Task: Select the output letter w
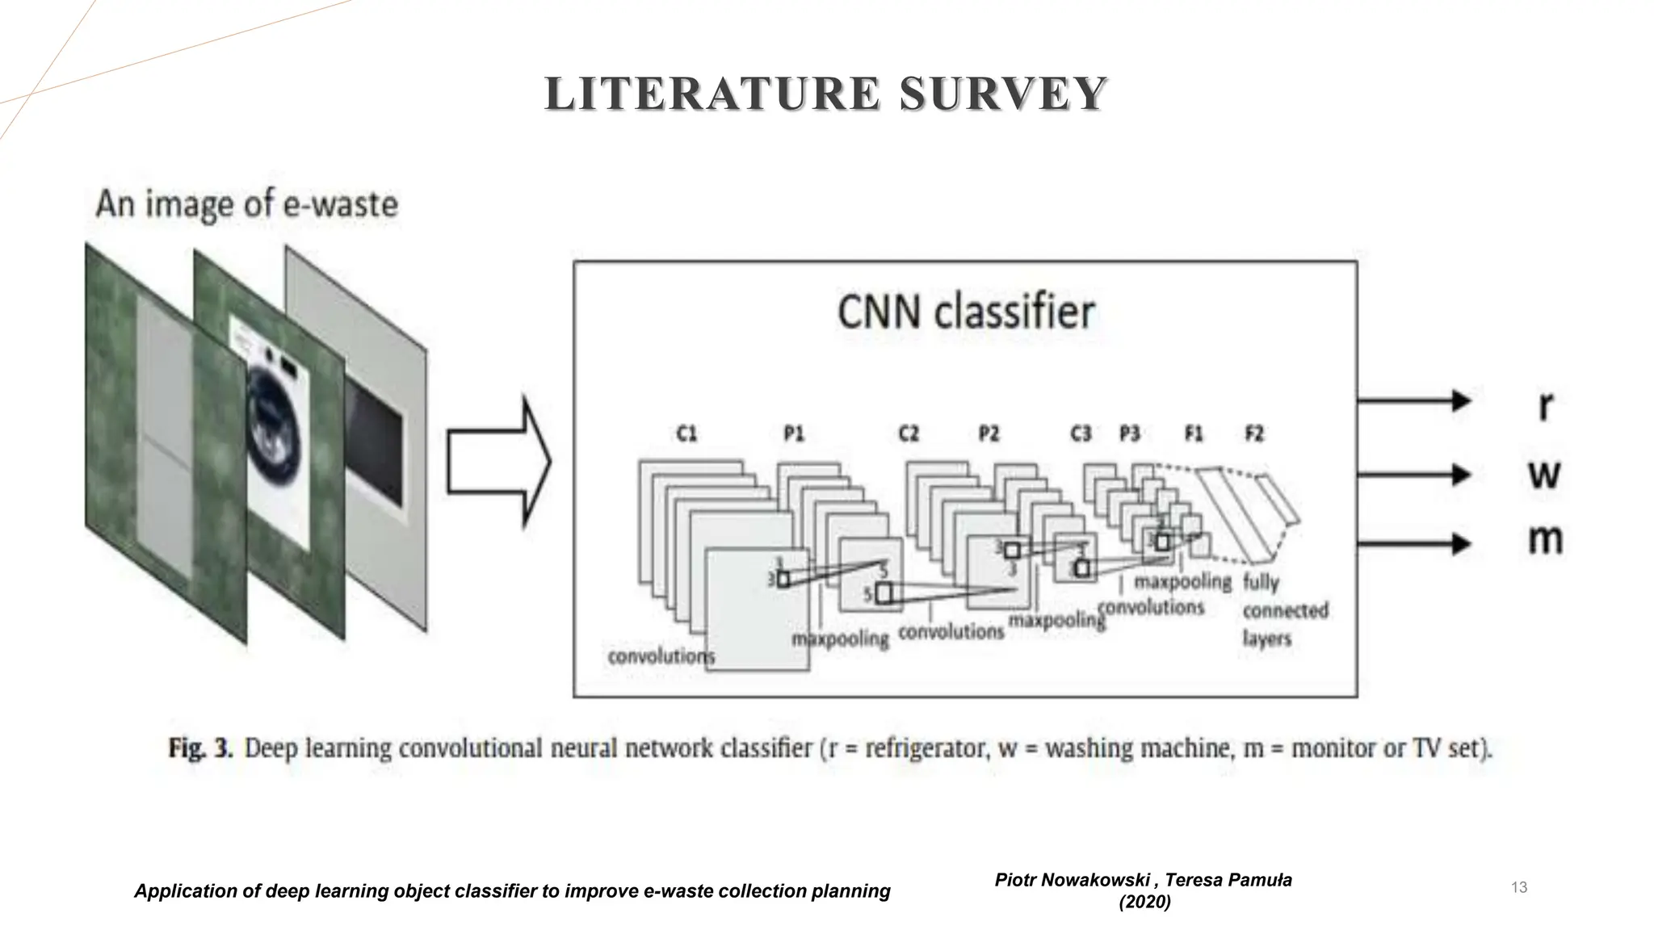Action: [x=1544, y=475]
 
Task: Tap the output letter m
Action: [x=1545, y=539]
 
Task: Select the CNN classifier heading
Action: [x=965, y=312]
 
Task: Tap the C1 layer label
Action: [x=686, y=434]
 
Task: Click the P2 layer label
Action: [x=989, y=434]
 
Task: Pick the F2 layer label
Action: [x=1253, y=434]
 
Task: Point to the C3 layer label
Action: [x=1081, y=434]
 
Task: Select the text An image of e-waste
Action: [x=246, y=204]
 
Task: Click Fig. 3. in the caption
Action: [x=200, y=748]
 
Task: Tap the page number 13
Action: [x=1518, y=887]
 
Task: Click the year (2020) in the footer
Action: [x=1144, y=902]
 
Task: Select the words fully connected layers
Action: [x=1284, y=610]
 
